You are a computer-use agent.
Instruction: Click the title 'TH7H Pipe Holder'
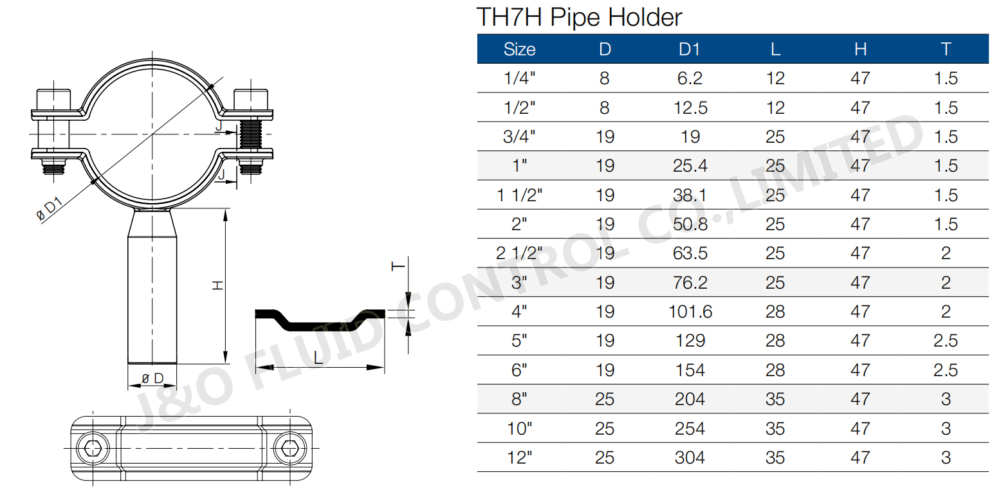pos(578,17)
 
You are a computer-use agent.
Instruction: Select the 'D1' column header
pos(689,50)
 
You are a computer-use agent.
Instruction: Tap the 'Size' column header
pos(519,50)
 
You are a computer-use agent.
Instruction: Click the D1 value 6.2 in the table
pos(690,78)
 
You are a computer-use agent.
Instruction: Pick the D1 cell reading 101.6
pos(690,312)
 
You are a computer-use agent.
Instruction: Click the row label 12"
pos(520,458)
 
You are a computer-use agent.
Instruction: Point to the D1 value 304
pos(690,458)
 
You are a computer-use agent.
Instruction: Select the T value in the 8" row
pos(945,399)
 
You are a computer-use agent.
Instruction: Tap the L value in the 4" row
pos(775,312)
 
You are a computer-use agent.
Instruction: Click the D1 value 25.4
pos(690,166)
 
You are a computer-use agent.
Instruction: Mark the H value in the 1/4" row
pos(860,78)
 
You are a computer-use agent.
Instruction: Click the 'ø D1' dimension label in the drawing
pos(50,209)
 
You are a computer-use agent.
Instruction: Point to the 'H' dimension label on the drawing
pos(218,285)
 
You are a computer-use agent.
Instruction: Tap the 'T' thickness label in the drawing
pos(399,266)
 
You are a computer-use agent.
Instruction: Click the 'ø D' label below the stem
pos(152,377)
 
